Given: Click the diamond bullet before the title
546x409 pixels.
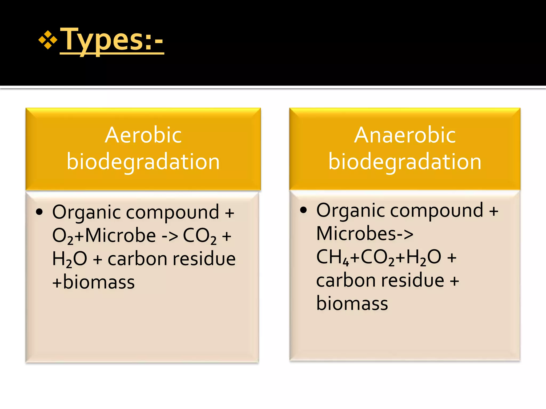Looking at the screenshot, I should tap(48, 40).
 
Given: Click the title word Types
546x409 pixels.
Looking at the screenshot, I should tap(102, 40).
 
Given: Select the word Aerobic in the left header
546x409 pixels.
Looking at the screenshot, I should tap(143, 135).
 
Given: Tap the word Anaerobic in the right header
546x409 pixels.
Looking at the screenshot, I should tap(405, 135).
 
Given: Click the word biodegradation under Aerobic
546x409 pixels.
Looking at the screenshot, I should tap(143, 162).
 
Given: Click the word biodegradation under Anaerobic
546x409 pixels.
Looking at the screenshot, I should tap(405, 162).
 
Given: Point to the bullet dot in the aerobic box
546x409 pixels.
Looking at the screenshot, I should tap(39, 212).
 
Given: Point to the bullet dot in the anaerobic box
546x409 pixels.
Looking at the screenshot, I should tap(303, 210).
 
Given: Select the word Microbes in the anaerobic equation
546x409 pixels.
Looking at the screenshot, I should tap(356, 234).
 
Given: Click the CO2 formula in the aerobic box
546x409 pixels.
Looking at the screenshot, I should tap(200, 236).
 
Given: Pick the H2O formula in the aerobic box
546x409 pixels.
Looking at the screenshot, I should tap(70, 259).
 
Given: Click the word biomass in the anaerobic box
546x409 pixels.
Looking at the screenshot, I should tap(352, 304).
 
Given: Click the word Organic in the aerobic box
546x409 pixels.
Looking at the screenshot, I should tap(87, 212).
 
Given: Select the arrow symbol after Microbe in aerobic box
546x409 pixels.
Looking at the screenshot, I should tap(170, 236).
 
